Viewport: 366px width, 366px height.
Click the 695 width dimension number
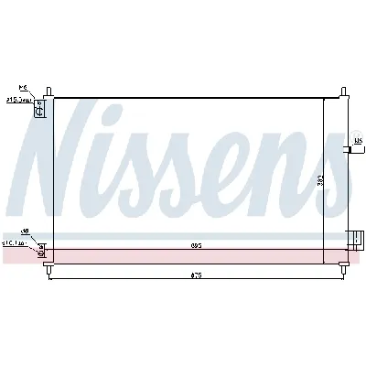pyautogui.click(x=196, y=244)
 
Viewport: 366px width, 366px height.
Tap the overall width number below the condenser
pyautogui.click(x=196, y=274)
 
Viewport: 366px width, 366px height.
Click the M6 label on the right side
pyautogui.click(x=359, y=140)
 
